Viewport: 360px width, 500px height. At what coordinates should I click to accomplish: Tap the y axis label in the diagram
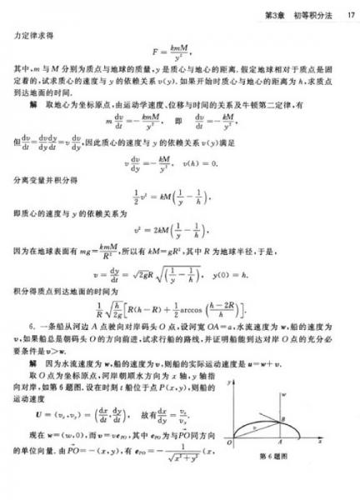coord(230,382)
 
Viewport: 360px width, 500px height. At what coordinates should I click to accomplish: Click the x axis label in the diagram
coord(320,441)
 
